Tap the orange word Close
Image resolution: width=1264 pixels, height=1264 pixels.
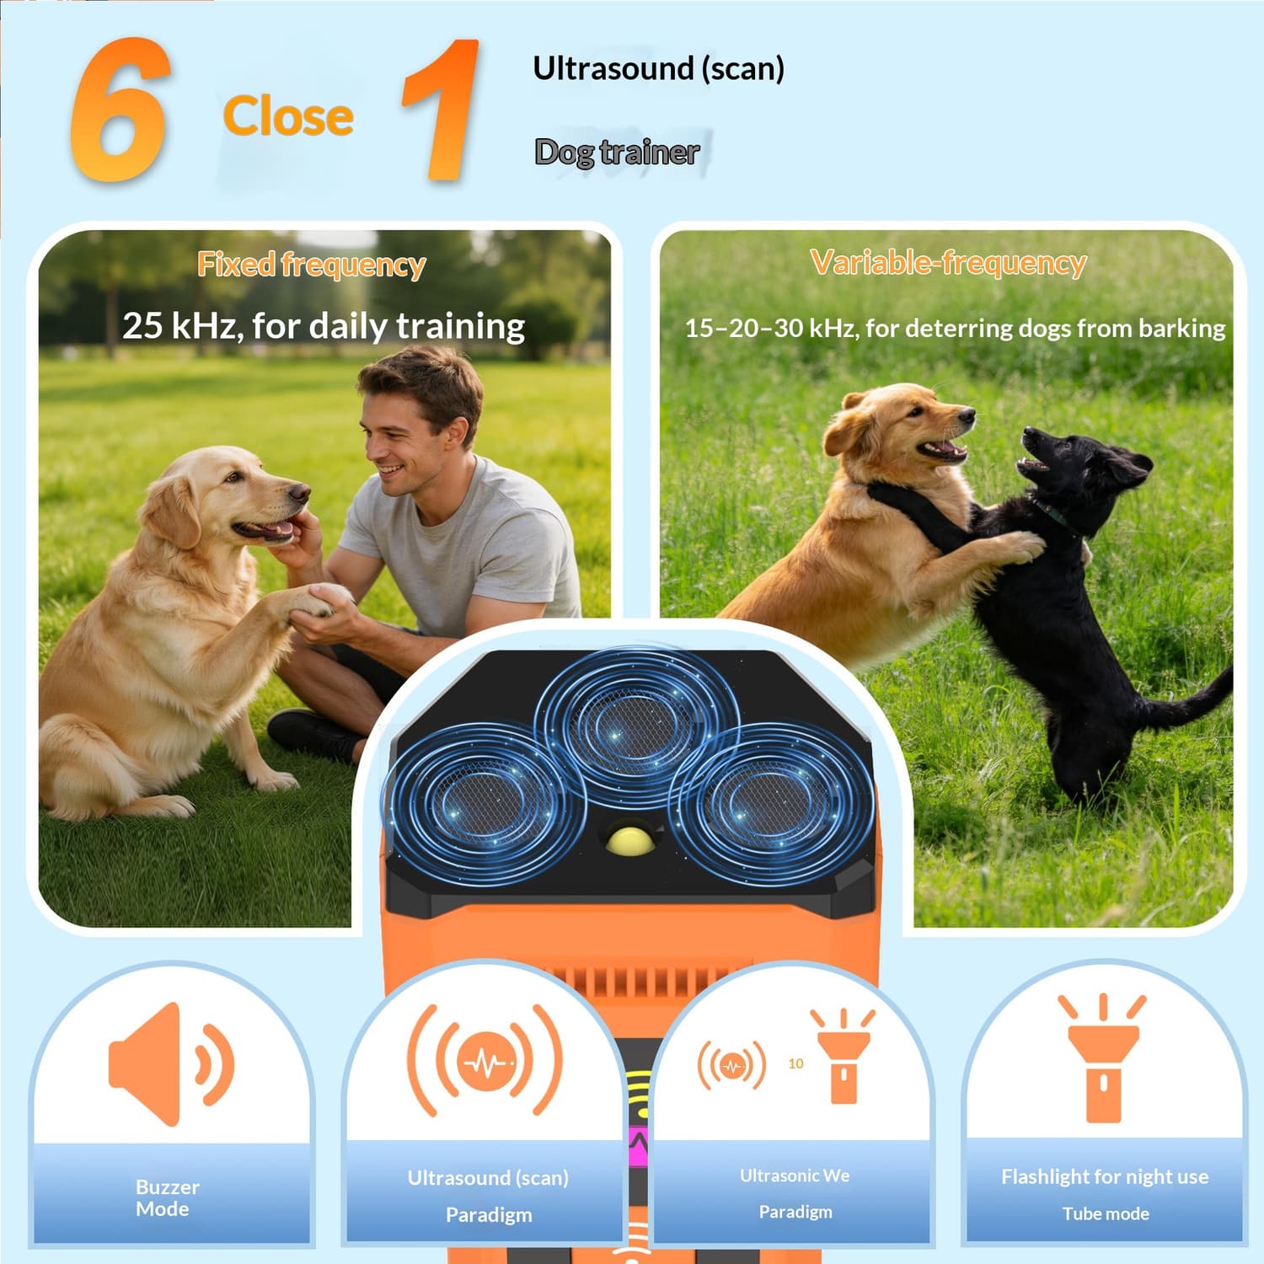click(x=288, y=116)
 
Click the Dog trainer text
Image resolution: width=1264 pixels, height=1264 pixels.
click(x=617, y=153)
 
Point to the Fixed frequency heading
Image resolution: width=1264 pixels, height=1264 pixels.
click(x=312, y=265)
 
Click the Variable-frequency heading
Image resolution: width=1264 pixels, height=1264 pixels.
click(x=948, y=263)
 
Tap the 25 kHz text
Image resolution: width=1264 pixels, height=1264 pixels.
click(x=180, y=326)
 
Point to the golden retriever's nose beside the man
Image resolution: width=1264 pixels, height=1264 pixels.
click(x=298, y=492)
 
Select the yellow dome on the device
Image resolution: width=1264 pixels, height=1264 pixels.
click(x=630, y=840)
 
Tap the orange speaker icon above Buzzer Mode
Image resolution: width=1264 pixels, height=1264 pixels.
click(x=171, y=1063)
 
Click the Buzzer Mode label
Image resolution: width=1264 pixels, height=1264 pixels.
click(x=167, y=1197)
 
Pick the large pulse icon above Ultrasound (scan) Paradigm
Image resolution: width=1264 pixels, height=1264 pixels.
click(x=485, y=1061)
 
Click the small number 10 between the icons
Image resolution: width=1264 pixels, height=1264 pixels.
click(x=795, y=1063)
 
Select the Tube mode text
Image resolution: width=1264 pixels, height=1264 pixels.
click(x=1106, y=1213)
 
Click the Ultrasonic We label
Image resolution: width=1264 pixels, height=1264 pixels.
click(x=795, y=1176)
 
